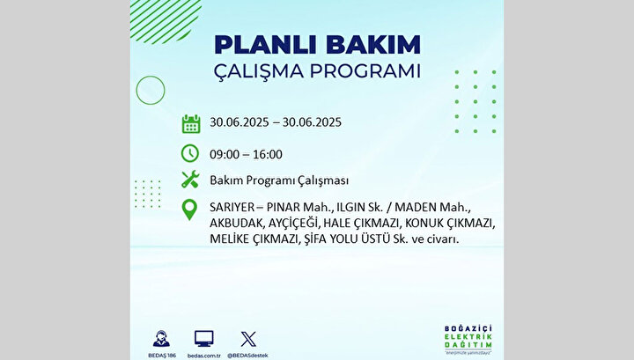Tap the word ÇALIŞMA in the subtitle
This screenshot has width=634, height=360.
pyautogui.click(x=258, y=72)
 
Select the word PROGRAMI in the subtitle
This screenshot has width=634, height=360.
pyautogui.click(x=365, y=71)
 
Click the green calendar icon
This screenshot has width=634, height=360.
pyautogui.click(x=191, y=123)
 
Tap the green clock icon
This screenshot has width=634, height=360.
pyautogui.click(x=190, y=153)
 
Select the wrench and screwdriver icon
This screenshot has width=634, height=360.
pyautogui.click(x=190, y=179)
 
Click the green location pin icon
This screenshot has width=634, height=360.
pyautogui.click(x=189, y=209)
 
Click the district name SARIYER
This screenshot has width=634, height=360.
pyautogui.click(x=232, y=207)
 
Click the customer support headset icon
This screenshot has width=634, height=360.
pyautogui.click(x=161, y=339)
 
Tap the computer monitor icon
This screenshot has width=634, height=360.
pyautogui.click(x=203, y=339)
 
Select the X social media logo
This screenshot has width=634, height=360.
pyautogui.click(x=248, y=339)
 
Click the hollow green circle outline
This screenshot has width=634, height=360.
pyautogui.click(x=136, y=90)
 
